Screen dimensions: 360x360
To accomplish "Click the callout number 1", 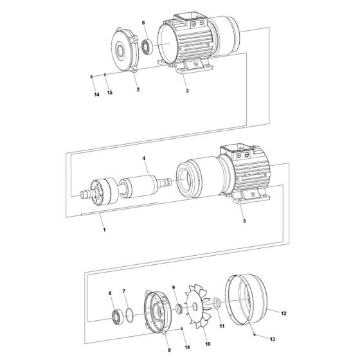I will point(102,228).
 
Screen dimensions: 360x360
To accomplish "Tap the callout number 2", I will point(138,90).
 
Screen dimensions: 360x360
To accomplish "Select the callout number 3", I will point(186,92).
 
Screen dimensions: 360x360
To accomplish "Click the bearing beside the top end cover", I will point(147,48).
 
